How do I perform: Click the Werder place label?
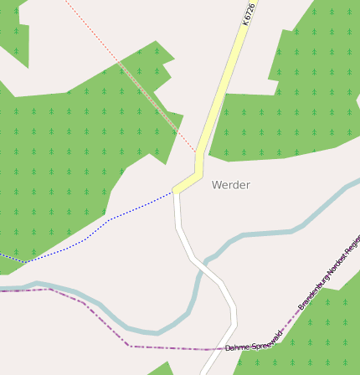230,185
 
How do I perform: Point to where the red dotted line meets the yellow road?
196,152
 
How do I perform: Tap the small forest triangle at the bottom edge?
161,369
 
